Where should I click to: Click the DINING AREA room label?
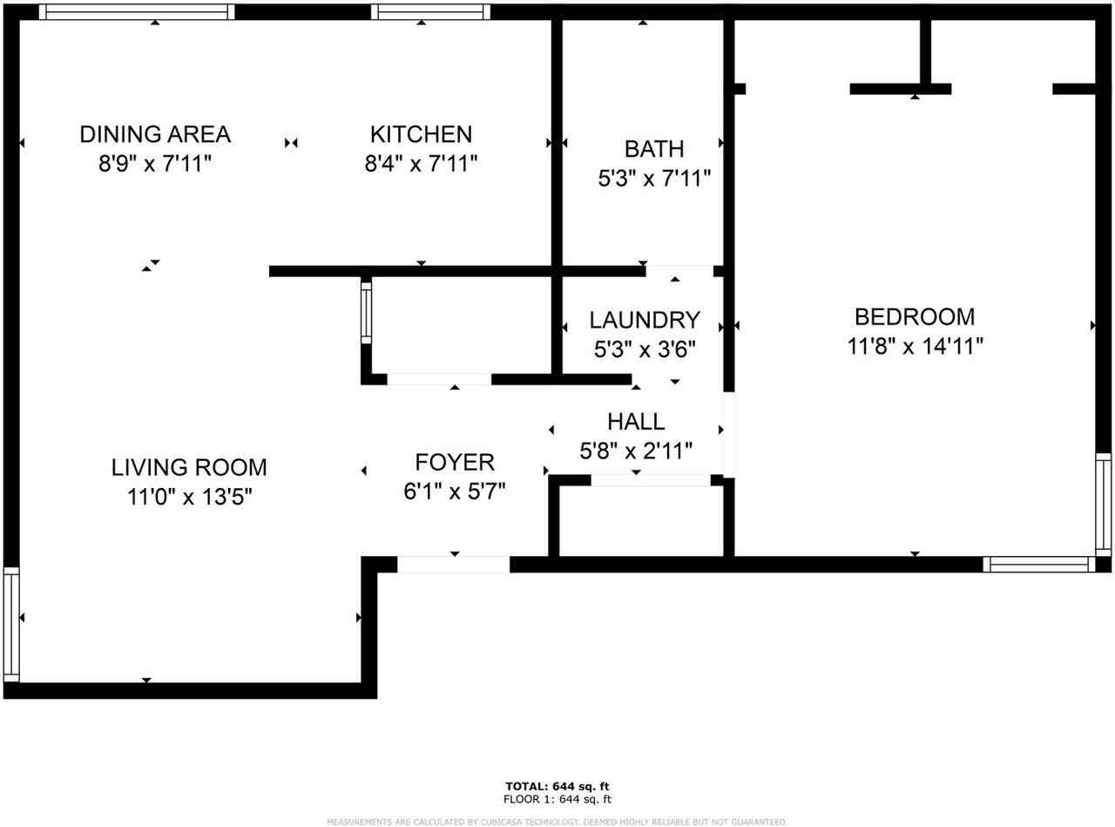(155, 134)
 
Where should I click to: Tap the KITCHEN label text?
(421, 134)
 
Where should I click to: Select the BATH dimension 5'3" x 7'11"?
(654, 179)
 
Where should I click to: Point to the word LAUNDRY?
(644, 319)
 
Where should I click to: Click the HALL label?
(636, 422)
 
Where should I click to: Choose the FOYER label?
(455, 462)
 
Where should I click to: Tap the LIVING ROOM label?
(189, 467)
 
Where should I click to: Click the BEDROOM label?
(915, 316)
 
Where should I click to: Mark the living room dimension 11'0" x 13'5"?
(189, 498)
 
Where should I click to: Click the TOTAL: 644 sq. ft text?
(557, 785)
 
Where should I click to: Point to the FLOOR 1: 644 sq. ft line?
(557, 798)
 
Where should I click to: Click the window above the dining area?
(137, 12)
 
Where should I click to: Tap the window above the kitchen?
(430, 12)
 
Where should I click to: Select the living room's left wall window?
(10, 623)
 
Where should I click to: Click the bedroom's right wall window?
(1103, 505)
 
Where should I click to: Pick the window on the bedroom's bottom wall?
(1038, 564)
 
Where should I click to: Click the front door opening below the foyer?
(453, 565)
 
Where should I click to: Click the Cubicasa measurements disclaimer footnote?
(557, 821)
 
